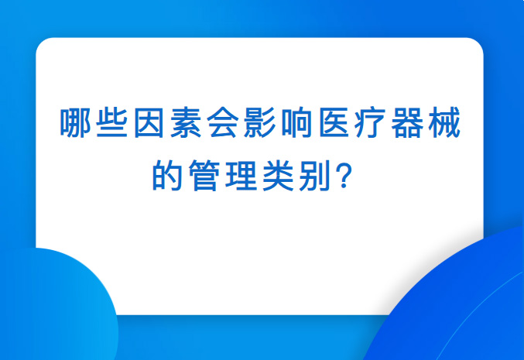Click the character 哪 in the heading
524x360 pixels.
pyautogui.click(x=76, y=122)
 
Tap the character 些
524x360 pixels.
pyautogui.click(x=112, y=122)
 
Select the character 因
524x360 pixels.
pyautogui.click(x=149, y=122)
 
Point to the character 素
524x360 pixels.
pyautogui.click(x=186, y=122)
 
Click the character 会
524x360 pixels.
pyautogui.click(x=223, y=122)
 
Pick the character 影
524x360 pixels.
pyautogui.click(x=260, y=122)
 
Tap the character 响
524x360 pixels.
pyautogui.click(x=297, y=122)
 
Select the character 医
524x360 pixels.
pyautogui.click(x=334, y=122)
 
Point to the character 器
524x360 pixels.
pyautogui.click(x=408, y=122)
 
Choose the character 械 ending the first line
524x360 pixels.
pyautogui.click(x=445, y=122)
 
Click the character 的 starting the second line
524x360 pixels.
pyautogui.click(x=167, y=175)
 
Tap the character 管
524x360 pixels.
pyautogui.click(x=204, y=175)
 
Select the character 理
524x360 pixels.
pyautogui.click(x=241, y=175)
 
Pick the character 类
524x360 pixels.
pyautogui.click(x=278, y=175)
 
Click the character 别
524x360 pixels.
pyautogui.click(x=314, y=175)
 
